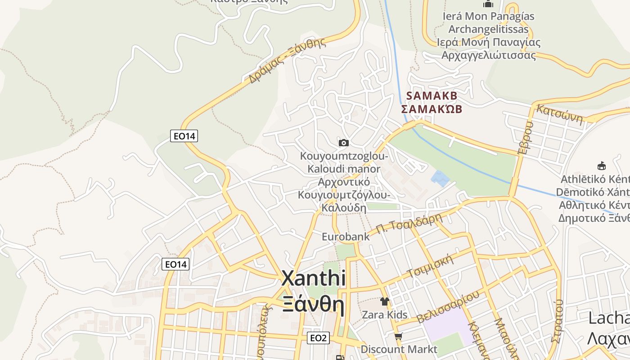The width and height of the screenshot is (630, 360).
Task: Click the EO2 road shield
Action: pyautogui.click(x=318, y=338)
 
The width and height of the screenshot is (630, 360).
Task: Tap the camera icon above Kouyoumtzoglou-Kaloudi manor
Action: pyautogui.click(x=343, y=143)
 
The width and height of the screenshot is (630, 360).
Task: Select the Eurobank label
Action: pyautogui.click(x=346, y=236)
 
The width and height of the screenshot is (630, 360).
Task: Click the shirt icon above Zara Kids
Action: pyautogui.click(x=384, y=301)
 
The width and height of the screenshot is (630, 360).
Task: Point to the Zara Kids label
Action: pyautogui.click(x=385, y=315)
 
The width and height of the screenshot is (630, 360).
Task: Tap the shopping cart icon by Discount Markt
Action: pyautogui.click(x=398, y=336)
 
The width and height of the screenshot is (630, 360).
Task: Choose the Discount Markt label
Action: pyautogui.click(x=399, y=349)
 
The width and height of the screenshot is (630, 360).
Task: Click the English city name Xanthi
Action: pyautogui.click(x=313, y=279)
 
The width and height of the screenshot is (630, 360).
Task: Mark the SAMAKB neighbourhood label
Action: pyautogui.click(x=432, y=96)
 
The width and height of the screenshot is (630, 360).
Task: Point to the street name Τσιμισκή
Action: pyautogui.click(x=429, y=267)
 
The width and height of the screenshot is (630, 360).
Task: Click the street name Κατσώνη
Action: pyautogui.click(x=560, y=114)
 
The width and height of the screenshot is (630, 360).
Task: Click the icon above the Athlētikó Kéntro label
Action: pyautogui.click(x=601, y=166)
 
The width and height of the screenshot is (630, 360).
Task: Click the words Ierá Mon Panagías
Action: pyautogui.click(x=488, y=17)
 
